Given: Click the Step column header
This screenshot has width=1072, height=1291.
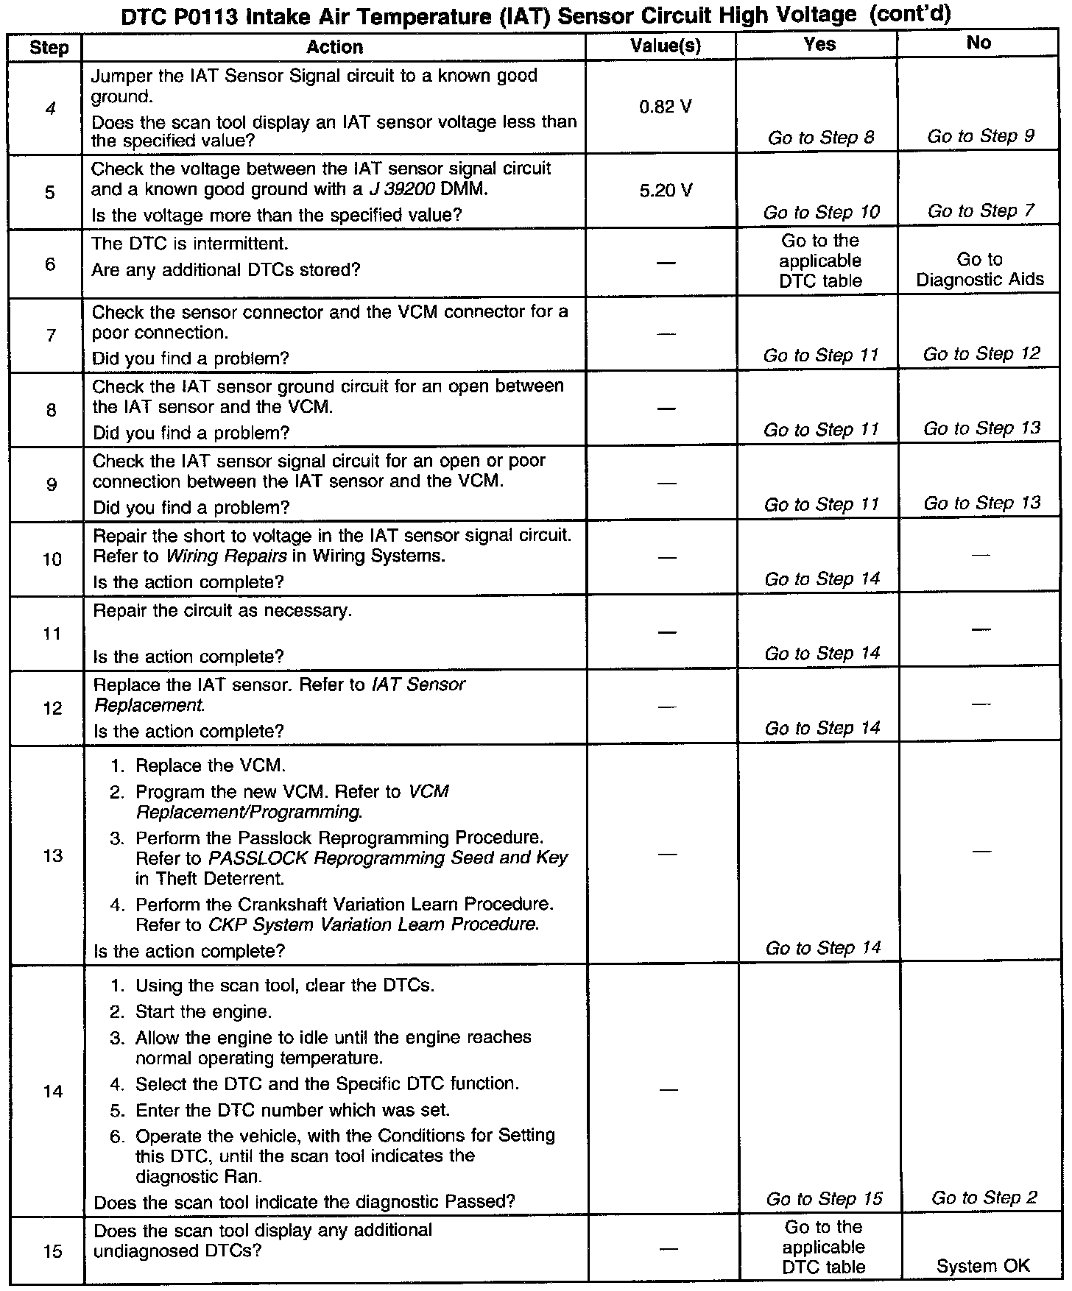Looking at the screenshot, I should click(49, 49).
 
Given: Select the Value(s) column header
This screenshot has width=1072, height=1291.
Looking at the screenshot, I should click(666, 46).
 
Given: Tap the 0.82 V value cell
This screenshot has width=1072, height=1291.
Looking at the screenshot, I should click(666, 107).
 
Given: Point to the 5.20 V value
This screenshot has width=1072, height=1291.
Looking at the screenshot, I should click(666, 191).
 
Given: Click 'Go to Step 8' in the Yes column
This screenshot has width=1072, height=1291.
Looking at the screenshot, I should click(821, 138).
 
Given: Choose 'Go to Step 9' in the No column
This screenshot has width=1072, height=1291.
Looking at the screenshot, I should click(981, 136).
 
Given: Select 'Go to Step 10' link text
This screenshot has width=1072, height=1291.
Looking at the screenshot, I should click(821, 213).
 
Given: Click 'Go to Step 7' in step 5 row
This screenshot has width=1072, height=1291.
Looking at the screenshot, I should click(981, 211).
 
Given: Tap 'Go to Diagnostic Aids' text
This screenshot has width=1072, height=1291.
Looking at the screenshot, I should click(980, 269).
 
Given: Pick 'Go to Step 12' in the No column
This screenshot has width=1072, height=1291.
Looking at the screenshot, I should click(981, 354).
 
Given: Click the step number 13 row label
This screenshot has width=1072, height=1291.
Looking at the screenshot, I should click(52, 856).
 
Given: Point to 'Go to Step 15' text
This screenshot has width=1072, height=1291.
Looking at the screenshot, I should click(824, 1199).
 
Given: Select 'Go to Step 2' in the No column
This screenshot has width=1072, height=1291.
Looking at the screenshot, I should click(984, 1198).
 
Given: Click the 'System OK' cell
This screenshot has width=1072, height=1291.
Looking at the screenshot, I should click(983, 1266).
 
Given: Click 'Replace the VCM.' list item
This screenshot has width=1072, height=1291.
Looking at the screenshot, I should click(210, 765).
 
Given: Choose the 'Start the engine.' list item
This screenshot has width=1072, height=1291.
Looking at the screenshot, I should click(203, 1011).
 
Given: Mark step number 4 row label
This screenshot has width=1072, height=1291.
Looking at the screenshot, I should click(49, 109).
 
